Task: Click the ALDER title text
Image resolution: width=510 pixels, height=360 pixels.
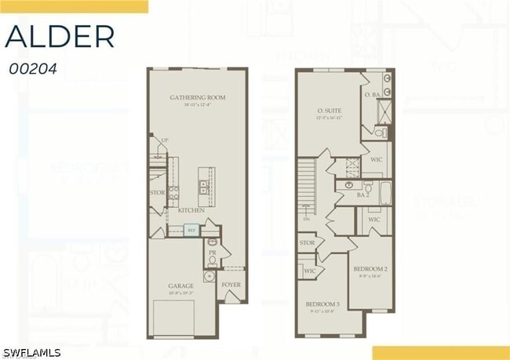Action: click(x=60, y=36)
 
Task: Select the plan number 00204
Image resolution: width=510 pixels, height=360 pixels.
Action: click(x=32, y=68)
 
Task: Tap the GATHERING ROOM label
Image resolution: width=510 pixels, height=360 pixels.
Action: click(x=197, y=98)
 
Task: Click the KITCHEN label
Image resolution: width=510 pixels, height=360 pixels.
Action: click(x=191, y=210)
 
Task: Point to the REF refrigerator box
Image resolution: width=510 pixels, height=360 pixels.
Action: click(x=191, y=230)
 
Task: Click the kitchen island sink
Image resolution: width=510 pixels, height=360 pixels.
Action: click(x=203, y=187)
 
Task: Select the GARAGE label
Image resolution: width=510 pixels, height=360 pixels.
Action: click(x=180, y=286)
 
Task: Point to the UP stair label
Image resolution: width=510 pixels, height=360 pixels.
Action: click(x=164, y=141)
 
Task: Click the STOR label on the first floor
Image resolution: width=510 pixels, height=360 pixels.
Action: click(x=157, y=192)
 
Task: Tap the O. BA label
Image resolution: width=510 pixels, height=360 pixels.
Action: click(x=372, y=95)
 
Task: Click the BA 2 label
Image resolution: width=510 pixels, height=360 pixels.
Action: click(x=362, y=194)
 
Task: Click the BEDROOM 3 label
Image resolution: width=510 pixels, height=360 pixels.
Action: click(x=322, y=304)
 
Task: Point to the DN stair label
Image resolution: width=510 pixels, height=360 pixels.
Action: click(x=306, y=220)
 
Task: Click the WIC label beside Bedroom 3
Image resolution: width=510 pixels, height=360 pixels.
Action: click(x=310, y=271)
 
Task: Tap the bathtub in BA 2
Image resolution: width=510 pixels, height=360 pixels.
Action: click(x=385, y=193)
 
